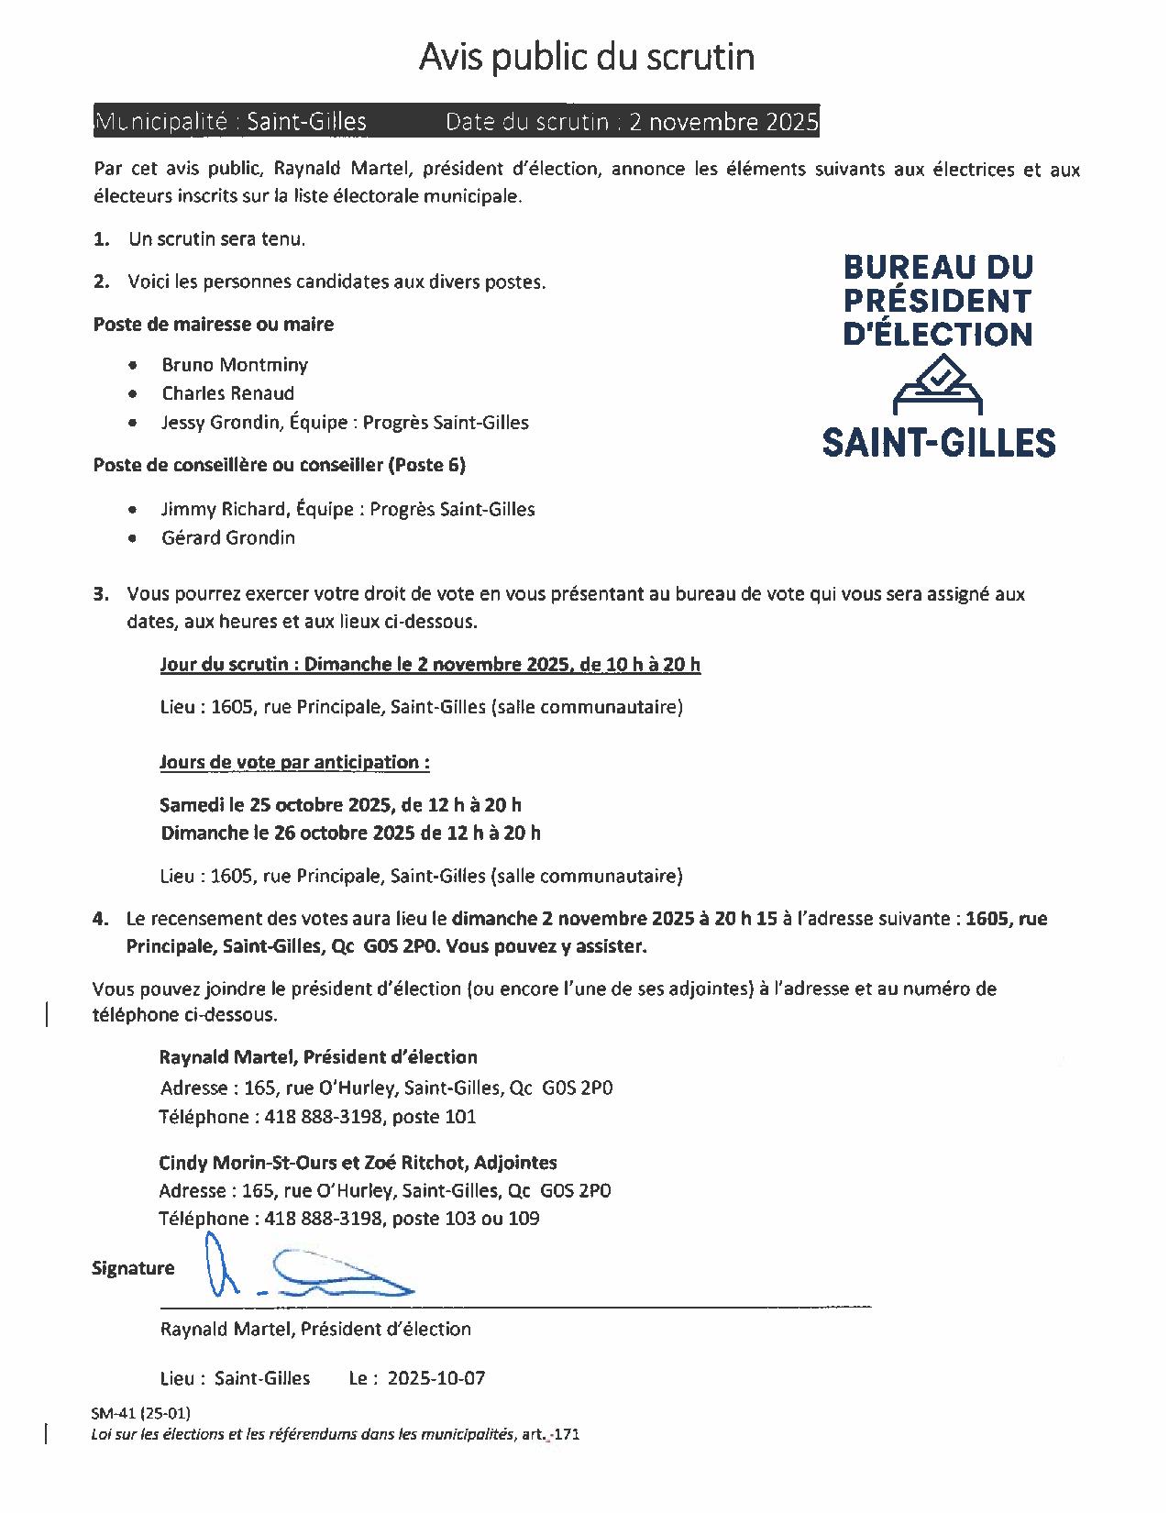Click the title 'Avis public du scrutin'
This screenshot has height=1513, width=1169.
[x=587, y=57]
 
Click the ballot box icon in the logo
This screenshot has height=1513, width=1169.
[x=938, y=386]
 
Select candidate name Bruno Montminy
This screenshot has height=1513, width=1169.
[x=235, y=365]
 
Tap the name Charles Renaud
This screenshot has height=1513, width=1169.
[x=228, y=393]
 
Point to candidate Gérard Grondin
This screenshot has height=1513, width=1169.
[x=228, y=537]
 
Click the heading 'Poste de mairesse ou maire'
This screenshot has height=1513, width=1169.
[x=214, y=324]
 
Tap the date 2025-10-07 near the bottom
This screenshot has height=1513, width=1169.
[x=436, y=1378]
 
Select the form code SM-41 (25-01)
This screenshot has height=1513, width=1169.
[x=141, y=1413]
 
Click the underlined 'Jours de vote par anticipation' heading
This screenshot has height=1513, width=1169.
[x=294, y=762]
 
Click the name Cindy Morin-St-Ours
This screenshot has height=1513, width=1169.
[x=242, y=1163]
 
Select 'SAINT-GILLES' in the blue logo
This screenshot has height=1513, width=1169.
[x=938, y=443]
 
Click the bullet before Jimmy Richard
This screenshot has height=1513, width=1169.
[x=134, y=509]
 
